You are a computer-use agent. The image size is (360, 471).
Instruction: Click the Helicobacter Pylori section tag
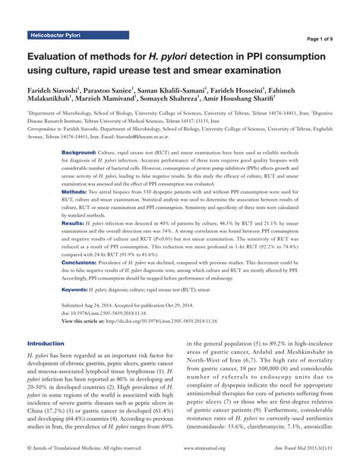(x=54, y=36)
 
